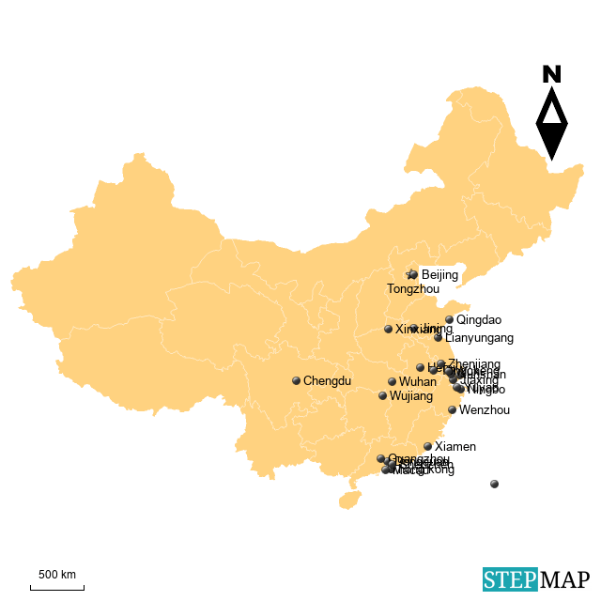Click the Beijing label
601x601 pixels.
point(439,275)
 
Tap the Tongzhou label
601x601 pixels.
point(412,289)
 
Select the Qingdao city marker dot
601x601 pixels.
point(449,320)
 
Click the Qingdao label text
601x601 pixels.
point(479,320)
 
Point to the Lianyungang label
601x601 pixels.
point(479,338)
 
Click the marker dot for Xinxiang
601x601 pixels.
point(388,330)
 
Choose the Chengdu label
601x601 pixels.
point(327,381)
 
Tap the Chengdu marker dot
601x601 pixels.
point(296,381)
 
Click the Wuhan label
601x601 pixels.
point(417,382)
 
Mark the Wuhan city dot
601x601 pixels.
point(392,382)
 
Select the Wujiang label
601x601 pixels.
point(411,396)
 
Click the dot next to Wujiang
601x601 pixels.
point(382,396)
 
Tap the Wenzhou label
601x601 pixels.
point(485,410)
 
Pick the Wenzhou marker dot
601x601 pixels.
point(452,410)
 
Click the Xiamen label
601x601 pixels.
point(455,447)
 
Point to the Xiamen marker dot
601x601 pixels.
point(427,447)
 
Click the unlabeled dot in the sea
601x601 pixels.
point(494,485)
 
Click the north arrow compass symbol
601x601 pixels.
point(551,114)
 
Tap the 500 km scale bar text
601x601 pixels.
point(56,575)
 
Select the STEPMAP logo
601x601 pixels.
point(536,579)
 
